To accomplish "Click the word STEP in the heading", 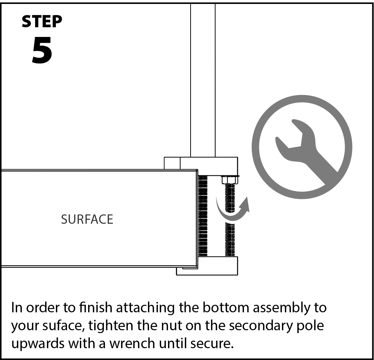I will coord(42,22).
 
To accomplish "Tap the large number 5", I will coord(42,51).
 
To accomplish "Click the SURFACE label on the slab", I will coord(87,219).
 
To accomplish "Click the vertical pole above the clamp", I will coord(203,79).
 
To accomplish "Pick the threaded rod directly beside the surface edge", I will coord(203,215).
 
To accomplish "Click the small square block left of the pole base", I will coord(172,163).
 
